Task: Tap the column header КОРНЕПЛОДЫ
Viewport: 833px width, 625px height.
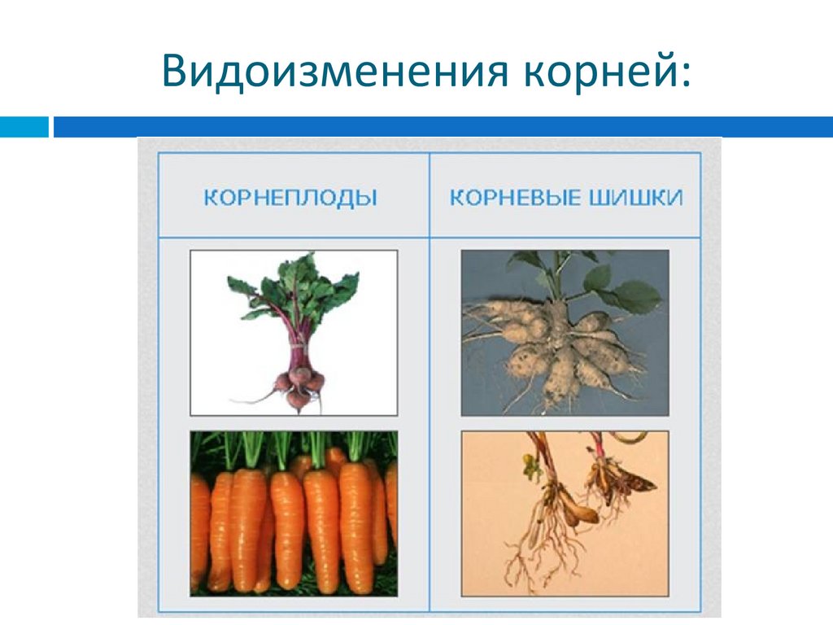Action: tap(290, 198)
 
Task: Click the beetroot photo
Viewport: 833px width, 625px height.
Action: tap(294, 332)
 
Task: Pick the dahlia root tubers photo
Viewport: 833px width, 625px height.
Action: tap(565, 332)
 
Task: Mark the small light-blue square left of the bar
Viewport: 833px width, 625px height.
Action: tap(24, 127)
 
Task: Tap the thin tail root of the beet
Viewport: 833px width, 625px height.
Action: tap(252, 398)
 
